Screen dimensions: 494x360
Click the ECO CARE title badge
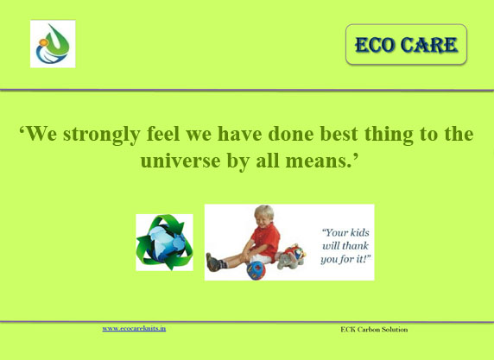coord(406,44)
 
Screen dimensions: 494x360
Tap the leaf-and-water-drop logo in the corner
coord(53,44)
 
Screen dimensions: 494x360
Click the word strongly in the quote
coord(101,135)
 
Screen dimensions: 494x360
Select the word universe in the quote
coord(180,161)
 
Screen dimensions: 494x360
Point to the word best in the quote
coord(339,134)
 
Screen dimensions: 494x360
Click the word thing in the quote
coord(389,135)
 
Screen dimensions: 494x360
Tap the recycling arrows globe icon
coord(164,243)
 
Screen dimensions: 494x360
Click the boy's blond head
coord(264,216)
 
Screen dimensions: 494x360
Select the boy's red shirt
coord(267,241)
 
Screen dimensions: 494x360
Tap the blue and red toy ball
coord(256,270)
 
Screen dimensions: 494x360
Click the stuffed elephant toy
coord(292,256)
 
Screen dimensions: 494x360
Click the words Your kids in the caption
coord(345,232)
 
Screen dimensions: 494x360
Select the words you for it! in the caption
coord(345,260)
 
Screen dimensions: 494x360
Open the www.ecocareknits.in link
coord(134,329)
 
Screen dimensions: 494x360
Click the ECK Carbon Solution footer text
coord(374,330)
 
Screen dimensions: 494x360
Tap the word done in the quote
coord(291,134)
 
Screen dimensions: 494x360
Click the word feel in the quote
coord(163,134)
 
